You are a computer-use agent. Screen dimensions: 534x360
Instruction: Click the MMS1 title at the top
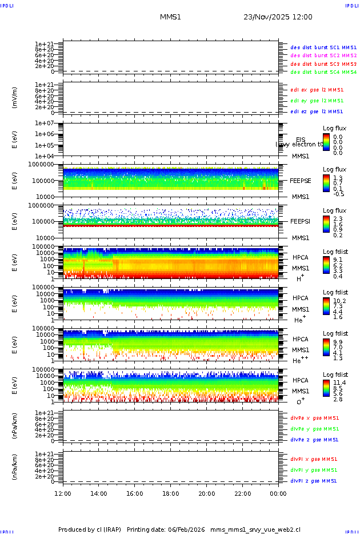point(170,17)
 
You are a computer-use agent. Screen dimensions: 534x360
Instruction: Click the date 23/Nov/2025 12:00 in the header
point(278,17)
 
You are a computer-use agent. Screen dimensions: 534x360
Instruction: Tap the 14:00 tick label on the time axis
point(99,493)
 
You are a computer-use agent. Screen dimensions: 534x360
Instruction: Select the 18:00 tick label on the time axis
point(170,493)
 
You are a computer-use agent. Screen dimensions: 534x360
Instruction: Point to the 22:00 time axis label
point(242,493)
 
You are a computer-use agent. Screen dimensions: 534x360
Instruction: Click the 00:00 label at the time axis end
point(278,493)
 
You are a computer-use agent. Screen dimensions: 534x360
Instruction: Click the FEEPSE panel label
point(300,180)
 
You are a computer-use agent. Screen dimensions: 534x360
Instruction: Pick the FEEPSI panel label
point(300,221)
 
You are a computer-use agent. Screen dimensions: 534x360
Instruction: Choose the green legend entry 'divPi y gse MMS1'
point(313,470)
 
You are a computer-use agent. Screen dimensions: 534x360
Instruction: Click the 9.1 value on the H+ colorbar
point(338,258)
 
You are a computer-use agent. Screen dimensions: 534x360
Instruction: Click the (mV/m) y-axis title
point(15,98)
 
